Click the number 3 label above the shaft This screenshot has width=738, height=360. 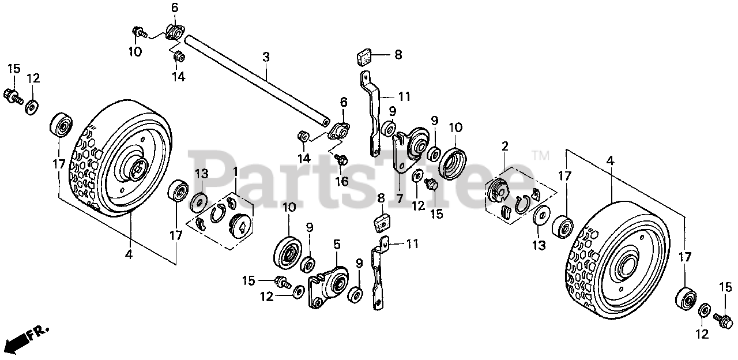coord(266,57)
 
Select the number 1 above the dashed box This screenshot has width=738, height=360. coord(235,172)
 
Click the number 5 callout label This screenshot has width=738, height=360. coord(337,244)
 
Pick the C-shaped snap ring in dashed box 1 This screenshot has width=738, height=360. coord(218,215)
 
